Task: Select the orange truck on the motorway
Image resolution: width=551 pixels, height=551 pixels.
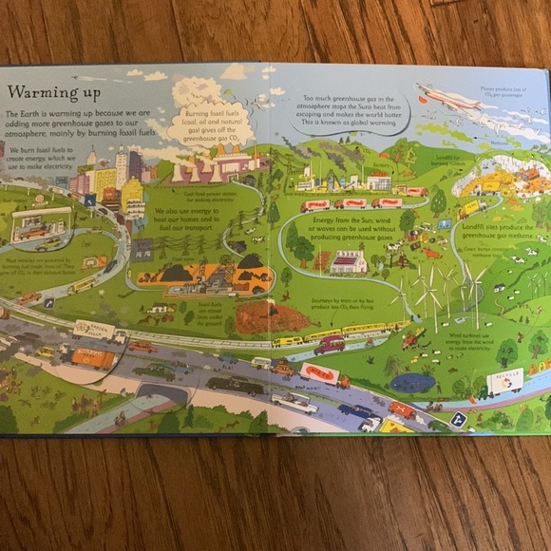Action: (x=91, y=359)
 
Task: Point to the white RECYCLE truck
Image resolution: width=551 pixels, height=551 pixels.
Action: (x=504, y=381)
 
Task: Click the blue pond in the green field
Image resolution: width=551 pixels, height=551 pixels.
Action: (x=412, y=383)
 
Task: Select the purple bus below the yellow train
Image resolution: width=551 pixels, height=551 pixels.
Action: (x=329, y=344)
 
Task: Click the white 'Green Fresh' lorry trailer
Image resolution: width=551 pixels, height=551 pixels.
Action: (x=95, y=331)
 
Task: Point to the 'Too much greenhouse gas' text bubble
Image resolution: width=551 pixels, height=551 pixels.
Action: (x=349, y=111)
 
